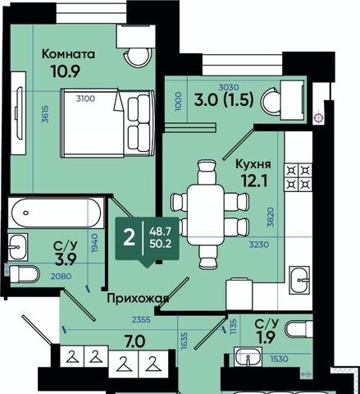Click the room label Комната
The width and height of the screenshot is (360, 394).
pos(68,54)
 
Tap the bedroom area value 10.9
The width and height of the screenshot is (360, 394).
pos(66,71)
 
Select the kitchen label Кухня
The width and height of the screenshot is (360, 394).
pos(253,164)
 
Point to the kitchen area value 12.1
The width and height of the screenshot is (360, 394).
pos(254,181)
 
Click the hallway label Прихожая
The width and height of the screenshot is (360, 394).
pos(138,299)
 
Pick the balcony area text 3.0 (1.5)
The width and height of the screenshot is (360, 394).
pos(224,99)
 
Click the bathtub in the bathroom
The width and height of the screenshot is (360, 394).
pos(57,213)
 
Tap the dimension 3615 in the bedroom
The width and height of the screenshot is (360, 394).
pos(45,114)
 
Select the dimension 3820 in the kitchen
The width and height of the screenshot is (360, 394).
pos(271,218)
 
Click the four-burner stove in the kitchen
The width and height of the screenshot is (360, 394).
pos(298,177)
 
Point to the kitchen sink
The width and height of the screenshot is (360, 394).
pos(299,280)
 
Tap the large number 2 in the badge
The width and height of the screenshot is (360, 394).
pos(129,238)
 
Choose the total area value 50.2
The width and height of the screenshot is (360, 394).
pos(160,243)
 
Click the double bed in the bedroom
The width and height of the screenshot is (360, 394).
pos(107,123)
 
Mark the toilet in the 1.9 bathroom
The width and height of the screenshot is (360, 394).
pos(299,329)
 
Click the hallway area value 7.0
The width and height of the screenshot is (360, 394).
pos(134,341)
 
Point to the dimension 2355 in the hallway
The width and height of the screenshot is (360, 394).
pos(141,319)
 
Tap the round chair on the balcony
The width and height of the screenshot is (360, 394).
pos(271,102)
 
